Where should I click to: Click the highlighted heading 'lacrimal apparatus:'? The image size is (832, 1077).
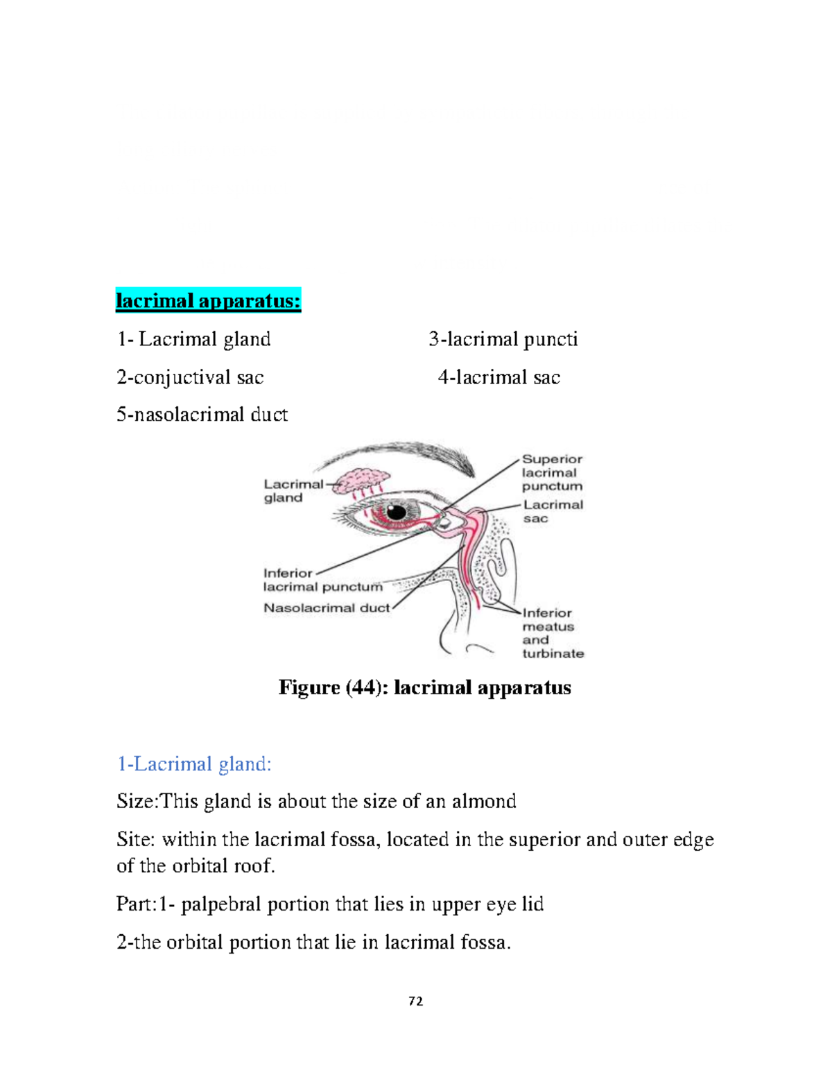pyautogui.click(x=208, y=301)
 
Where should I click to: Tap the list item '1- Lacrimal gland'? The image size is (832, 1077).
pyautogui.click(x=193, y=339)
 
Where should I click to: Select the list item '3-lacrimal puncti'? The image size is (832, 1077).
pyautogui.click(x=503, y=339)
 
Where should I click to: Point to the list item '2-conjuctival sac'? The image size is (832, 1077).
pyautogui.click(x=190, y=377)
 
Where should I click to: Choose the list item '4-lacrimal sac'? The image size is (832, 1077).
pyautogui.click(x=499, y=377)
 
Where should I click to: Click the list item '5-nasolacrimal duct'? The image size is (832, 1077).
pyautogui.click(x=202, y=415)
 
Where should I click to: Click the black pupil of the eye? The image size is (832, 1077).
pyautogui.click(x=396, y=512)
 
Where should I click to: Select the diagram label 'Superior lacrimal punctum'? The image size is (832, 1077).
pyautogui.click(x=552, y=472)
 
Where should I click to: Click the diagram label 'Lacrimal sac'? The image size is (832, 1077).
pyautogui.click(x=553, y=511)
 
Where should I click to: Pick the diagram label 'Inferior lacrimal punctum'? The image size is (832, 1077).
pyautogui.click(x=322, y=580)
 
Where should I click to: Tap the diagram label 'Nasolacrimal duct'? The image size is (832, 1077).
pyautogui.click(x=327, y=608)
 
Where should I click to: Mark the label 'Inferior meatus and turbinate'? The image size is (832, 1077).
pyautogui.click(x=553, y=632)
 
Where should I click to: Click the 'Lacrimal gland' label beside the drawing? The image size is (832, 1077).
pyautogui.click(x=293, y=491)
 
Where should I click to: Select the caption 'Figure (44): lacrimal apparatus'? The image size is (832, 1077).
pyautogui.click(x=424, y=687)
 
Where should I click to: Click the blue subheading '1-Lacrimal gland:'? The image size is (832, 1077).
pyautogui.click(x=194, y=764)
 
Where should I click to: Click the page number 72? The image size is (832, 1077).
pyautogui.click(x=416, y=1001)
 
